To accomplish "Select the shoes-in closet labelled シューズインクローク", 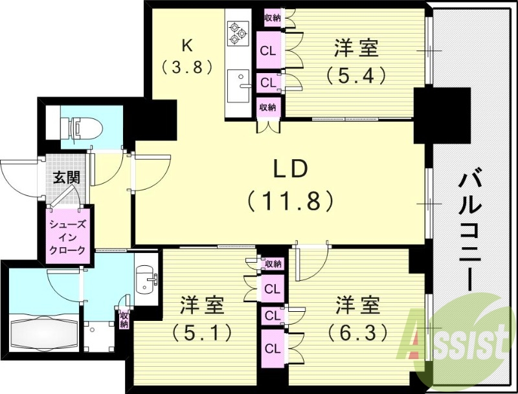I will [68, 237].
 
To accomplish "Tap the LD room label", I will [291, 170].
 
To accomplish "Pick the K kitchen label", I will [187, 45].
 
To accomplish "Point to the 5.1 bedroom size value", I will [201, 333].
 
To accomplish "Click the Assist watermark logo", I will [457, 336].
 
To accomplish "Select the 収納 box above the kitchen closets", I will [273, 18].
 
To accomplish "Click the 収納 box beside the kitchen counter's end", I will [269, 107].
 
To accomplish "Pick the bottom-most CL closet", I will [273, 347].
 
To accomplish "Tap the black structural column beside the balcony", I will [442, 115].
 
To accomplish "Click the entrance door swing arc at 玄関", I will [19, 175].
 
